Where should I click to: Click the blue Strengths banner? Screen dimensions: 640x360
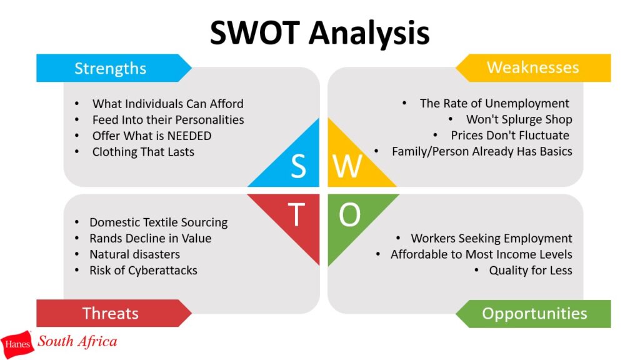[114, 68]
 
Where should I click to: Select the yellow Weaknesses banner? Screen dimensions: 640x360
[533, 67]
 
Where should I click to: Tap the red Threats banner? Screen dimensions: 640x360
[114, 313]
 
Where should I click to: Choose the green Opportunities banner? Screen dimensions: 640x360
[533, 314]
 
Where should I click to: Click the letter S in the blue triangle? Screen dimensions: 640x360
[298, 166]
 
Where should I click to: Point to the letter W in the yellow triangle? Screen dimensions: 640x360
[347, 166]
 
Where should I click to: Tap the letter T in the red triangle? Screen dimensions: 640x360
[296, 214]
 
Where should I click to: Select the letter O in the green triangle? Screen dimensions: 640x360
[350, 214]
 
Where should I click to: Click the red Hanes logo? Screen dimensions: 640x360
[17, 344]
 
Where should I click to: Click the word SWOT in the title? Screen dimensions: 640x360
[255, 32]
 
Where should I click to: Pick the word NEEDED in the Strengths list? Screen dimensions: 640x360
[189, 136]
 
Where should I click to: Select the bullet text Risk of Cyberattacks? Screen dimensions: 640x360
[143, 270]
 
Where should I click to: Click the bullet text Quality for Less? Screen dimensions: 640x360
[531, 270]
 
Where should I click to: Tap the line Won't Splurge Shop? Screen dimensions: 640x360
[519, 119]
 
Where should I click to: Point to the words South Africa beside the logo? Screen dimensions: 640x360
[77, 341]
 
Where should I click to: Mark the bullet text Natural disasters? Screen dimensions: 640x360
[135, 254]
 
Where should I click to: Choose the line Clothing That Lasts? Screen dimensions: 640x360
[143, 152]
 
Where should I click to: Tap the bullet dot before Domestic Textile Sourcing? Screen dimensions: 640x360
[77, 222]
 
